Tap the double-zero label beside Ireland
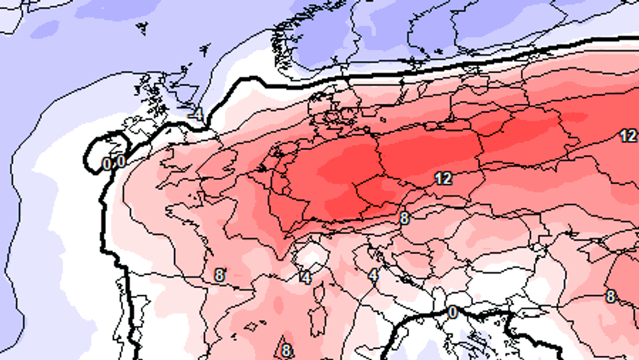(x=113, y=162)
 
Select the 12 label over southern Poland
(x=443, y=178)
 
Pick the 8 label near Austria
(x=404, y=218)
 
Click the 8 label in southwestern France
(x=219, y=275)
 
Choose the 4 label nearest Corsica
(x=306, y=277)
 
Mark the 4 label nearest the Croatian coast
(x=374, y=275)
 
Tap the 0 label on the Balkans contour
(x=453, y=313)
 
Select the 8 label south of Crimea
(x=611, y=296)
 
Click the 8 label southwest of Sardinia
(x=286, y=351)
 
